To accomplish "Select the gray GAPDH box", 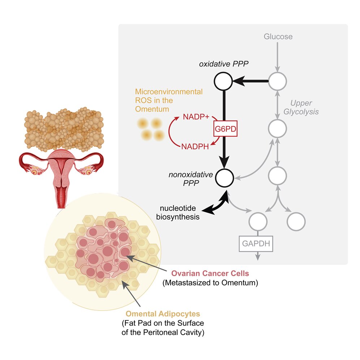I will pos(256,243).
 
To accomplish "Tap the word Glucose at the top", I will pos(278,37).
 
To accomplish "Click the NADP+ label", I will pos(196,117).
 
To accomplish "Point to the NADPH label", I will pos(196,146).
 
